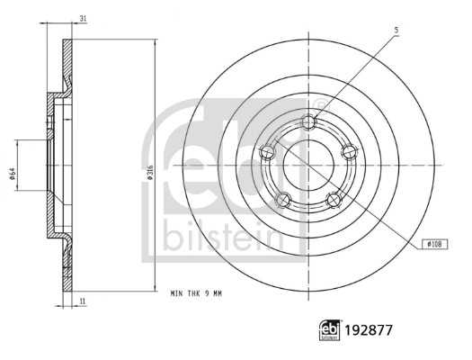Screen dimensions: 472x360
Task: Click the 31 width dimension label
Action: pyautogui.click(x=83, y=19)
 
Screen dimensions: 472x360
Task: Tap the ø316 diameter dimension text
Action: pyautogui.click(x=151, y=173)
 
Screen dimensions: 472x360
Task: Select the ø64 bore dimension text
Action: pyautogui.click(x=13, y=174)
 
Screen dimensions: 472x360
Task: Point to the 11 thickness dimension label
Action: pyautogui.click(x=83, y=301)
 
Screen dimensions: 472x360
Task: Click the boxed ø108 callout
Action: pyautogui.click(x=434, y=244)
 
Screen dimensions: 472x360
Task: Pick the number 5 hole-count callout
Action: pyautogui.click(x=396, y=30)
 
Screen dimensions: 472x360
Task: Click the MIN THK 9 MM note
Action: pyautogui.click(x=196, y=293)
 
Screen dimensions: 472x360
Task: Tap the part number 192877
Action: pyautogui.click(x=369, y=330)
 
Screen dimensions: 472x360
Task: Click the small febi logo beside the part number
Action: pyautogui.click(x=330, y=330)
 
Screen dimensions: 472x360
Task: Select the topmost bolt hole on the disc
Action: pyautogui.click(x=309, y=122)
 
